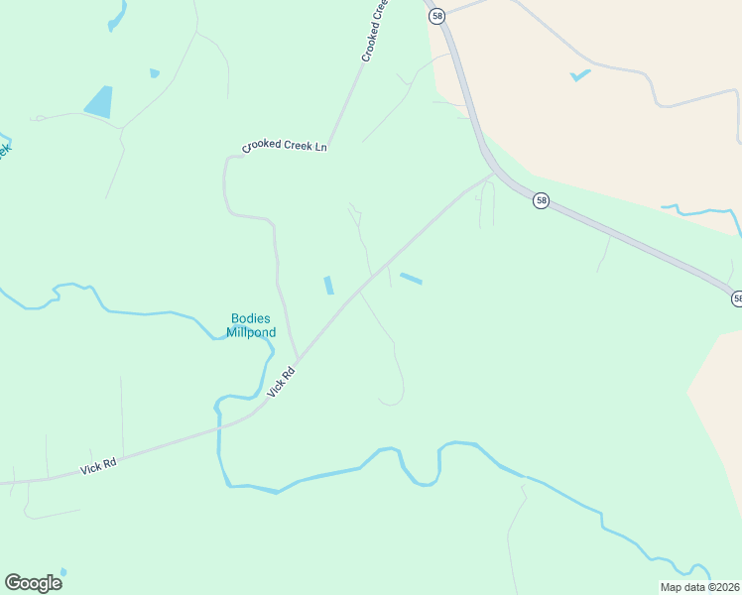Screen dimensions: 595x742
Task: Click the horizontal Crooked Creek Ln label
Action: tap(285, 147)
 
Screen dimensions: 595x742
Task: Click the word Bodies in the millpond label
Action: tap(251, 318)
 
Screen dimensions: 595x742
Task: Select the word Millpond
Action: tap(251, 332)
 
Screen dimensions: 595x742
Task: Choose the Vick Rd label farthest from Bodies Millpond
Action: tap(99, 466)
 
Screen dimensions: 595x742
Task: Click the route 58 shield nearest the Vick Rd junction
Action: tap(540, 200)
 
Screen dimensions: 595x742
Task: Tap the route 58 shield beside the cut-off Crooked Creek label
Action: tap(437, 15)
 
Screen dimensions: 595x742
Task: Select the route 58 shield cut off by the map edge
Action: tap(737, 297)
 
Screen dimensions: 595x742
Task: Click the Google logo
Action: tap(33, 583)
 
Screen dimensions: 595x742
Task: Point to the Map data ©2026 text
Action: tap(698, 587)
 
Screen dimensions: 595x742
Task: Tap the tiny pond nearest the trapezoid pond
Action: tap(154, 72)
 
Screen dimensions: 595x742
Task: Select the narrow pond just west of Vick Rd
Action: tap(328, 285)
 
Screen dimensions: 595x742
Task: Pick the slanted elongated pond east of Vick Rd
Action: tap(411, 279)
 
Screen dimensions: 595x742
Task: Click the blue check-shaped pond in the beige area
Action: tap(580, 75)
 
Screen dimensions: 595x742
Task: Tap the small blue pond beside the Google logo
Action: tap(63, 572)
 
